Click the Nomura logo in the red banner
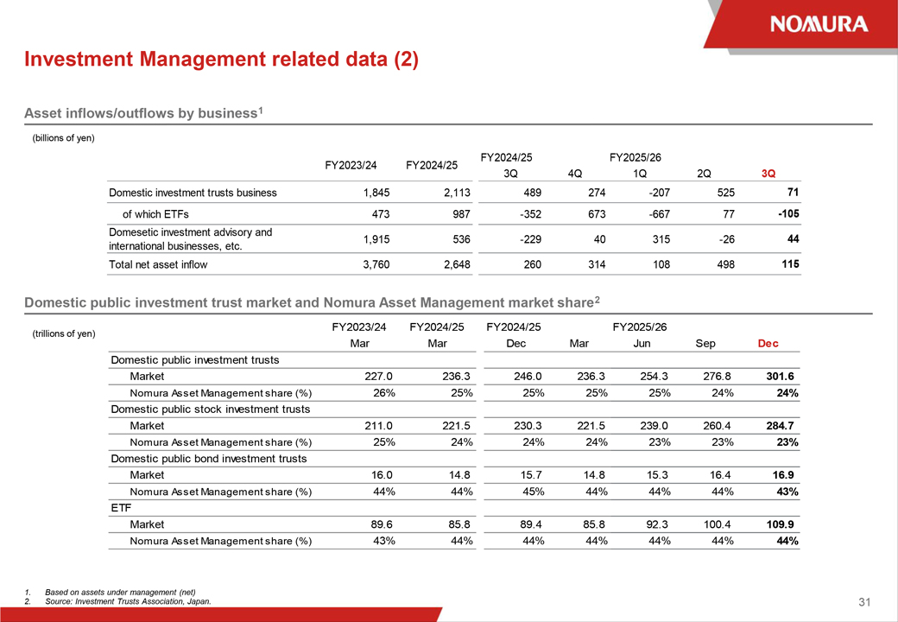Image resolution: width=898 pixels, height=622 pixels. [x=819, y=24]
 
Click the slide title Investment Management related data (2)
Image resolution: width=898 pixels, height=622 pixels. [x=221, y=60]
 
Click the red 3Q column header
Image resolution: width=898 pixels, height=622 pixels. [x=768, y=174]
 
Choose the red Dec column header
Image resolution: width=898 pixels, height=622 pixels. [x=768, y=343]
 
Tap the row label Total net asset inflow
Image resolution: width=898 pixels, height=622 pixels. [x=158, y=264]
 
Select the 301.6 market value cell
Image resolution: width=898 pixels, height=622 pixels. [x=781, y=377]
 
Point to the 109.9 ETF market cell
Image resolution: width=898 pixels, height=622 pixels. [x=781, y=524]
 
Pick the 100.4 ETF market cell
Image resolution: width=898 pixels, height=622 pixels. [x=718, y=524]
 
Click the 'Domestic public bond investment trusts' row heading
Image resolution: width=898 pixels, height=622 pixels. [x=209, y=459]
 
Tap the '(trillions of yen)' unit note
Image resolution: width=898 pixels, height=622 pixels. [x=63, y=333]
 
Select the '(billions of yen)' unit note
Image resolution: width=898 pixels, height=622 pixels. [x=63, y=138]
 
